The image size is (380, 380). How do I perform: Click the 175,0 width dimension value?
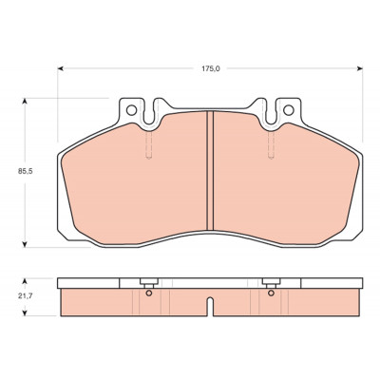pyautogui.click(x=211, y=68)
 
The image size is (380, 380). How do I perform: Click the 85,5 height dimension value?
pyautogui.click(x=26, y=171)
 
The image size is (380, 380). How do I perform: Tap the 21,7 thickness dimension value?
pyautogui.click(x=26, y=296)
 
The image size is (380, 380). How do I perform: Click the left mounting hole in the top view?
pyautogui.click(x=131, y=110)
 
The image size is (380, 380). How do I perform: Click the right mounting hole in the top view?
pyautogui.click(x=289, y=110)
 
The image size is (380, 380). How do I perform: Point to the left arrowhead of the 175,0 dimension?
pyautogui.click(x=61, y=68)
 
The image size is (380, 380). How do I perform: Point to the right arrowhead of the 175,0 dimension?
pyautogui.click(x=359, y=68)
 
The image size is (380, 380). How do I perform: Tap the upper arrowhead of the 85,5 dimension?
pyautogui.click(x=25, y=102)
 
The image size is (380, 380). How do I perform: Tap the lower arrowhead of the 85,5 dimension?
pyautogui.click(x=25, y=244)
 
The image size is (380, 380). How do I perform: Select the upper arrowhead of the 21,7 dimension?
pyautogui.click(x=25, y=281)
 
